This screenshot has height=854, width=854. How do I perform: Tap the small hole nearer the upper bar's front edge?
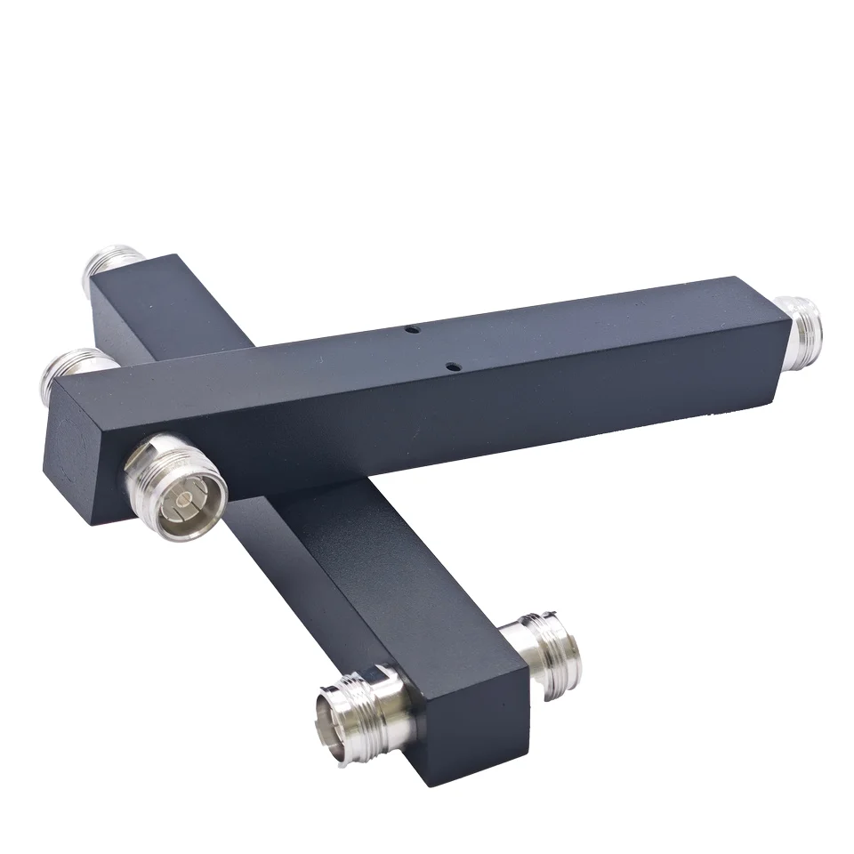[x=452, y=365]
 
